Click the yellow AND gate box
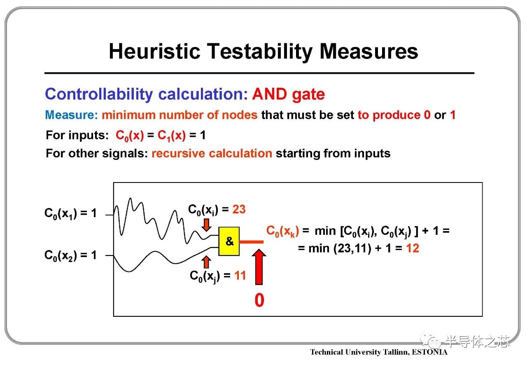point(229,241)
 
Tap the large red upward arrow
point(259,267)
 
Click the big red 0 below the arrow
point(259,300)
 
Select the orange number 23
point(239,209)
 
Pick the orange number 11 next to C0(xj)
point(240,275)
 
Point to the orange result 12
point(413,248)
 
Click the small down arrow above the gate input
point(206,225)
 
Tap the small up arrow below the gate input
point(206,262)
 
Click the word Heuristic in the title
point(154,51)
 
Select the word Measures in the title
point(368,51)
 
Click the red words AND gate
point(289,94)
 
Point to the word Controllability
point(99,94)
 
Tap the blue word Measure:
point(72,115)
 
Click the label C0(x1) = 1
point(70,213)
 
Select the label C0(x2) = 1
point(70,255)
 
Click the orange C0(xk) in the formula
point(282,231)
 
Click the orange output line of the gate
point(251,242)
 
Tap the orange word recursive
point(178,154)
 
